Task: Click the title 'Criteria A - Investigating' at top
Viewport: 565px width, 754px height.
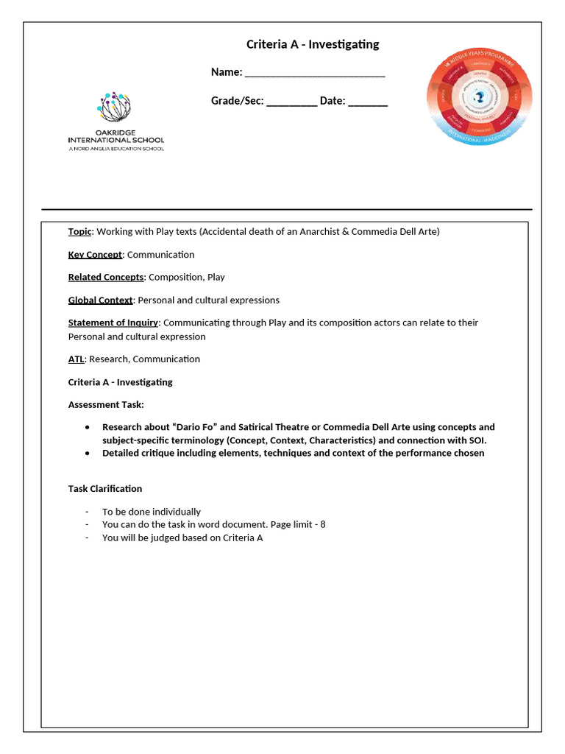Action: pos(313,44)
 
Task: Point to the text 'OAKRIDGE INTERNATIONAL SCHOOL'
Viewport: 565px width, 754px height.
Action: pos(116,136)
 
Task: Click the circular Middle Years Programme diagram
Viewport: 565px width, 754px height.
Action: pos(479,97)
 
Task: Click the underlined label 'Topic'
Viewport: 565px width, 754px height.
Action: pos(79,231)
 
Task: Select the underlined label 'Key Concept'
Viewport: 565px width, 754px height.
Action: pos(95,255)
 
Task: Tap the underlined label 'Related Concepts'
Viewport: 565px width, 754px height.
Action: pos(106,278)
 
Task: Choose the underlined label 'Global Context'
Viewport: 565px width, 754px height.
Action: pos(100,300)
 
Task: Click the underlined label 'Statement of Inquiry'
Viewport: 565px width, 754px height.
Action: pos(113,323)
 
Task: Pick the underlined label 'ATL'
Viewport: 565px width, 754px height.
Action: pos(77,359)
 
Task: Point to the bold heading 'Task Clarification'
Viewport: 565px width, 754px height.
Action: pos(105,489)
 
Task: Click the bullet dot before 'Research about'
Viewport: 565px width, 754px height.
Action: pos(88,427)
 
